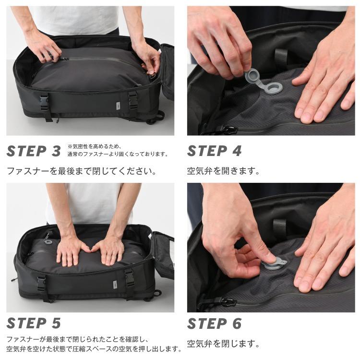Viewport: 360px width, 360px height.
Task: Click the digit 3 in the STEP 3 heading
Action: [x=56, y=151]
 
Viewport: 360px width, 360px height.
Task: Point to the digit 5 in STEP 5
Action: [x=56, y=323]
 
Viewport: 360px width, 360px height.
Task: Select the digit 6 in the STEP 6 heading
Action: [x=237, y=323]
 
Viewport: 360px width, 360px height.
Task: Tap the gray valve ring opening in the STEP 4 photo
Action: [x=275, y=88]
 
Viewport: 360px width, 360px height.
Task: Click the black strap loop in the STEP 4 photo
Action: [x=281, y=57]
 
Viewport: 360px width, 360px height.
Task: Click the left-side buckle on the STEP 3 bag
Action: [x=44, y=101]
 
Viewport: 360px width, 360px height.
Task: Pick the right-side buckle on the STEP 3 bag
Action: [x=132, y=100]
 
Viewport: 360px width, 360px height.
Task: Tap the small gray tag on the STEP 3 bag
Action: [x=118, y=106]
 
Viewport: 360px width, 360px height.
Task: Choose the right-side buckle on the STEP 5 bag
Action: [x=130, y=278]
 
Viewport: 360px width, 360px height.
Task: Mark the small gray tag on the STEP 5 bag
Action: [x=115, y=285]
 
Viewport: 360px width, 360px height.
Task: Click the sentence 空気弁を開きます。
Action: [x=223, y=171]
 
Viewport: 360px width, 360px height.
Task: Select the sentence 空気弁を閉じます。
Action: [x=223, y=344]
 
